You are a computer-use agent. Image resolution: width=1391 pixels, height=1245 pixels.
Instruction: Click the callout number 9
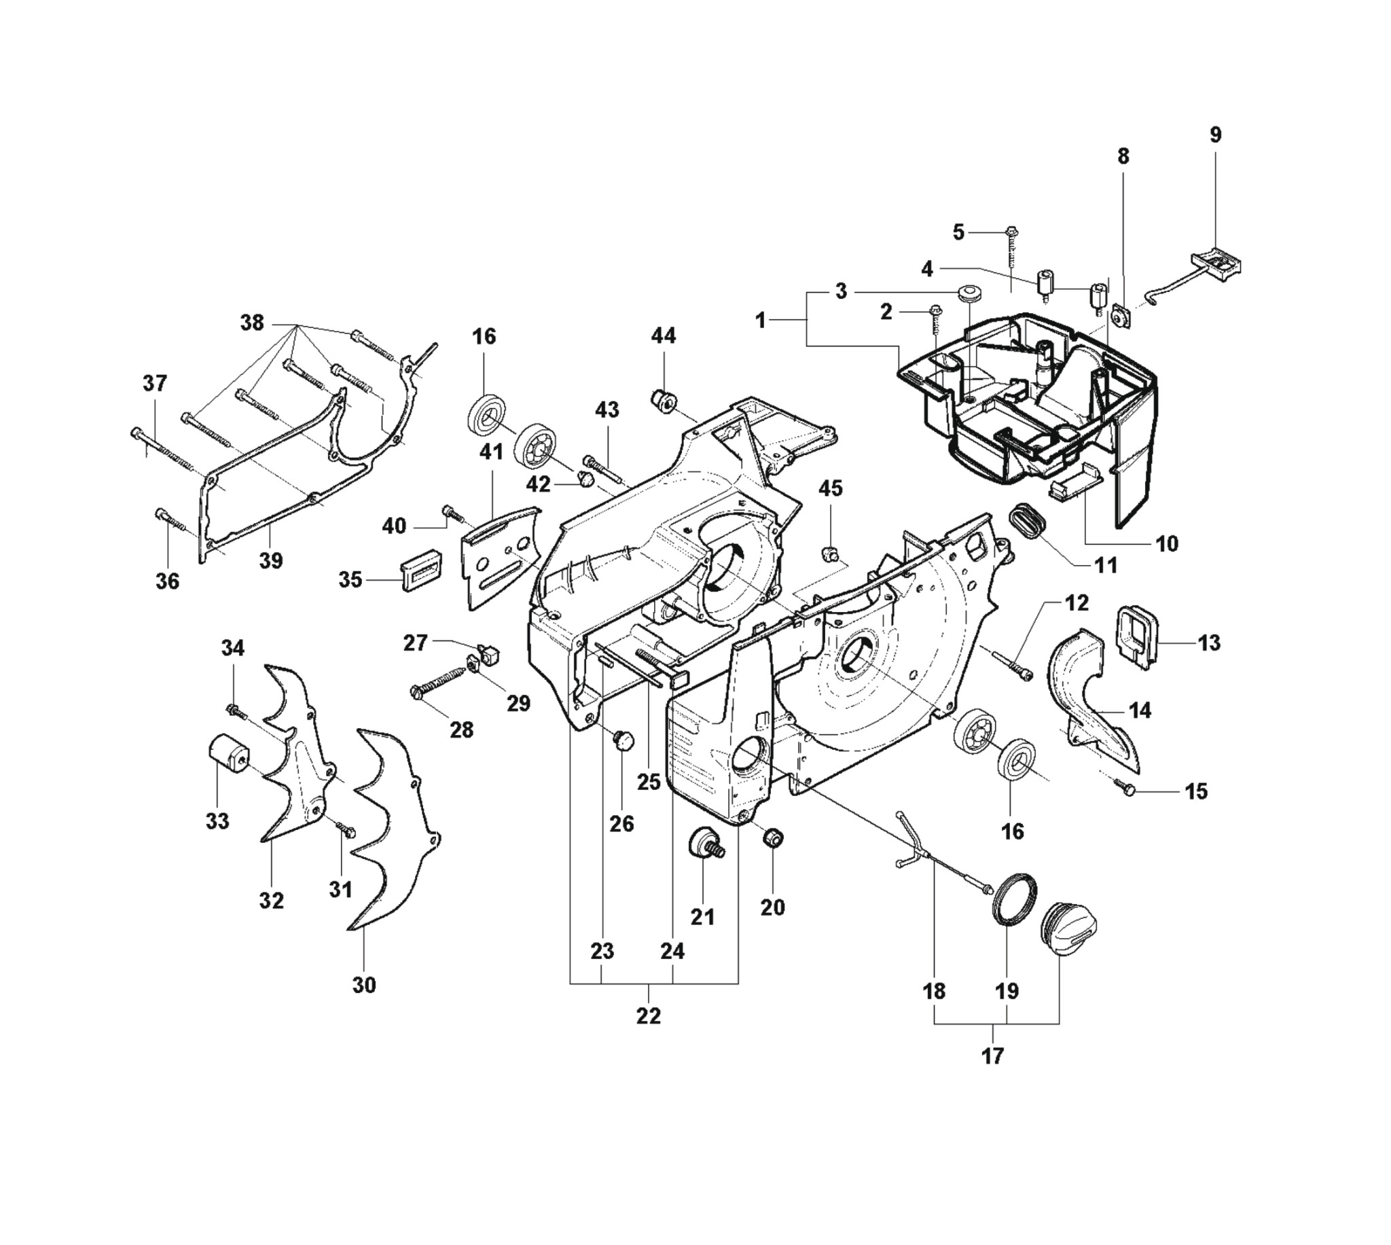point(1214,134)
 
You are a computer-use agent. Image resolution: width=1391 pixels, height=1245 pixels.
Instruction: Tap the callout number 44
point(664,336)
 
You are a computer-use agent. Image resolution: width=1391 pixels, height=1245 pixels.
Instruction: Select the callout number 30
point(364,985)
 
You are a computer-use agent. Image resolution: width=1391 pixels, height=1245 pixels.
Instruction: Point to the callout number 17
point(992,1056)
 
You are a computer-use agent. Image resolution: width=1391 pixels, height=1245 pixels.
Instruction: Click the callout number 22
point(649,1017)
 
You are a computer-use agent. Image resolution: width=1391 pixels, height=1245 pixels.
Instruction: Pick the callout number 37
point(156,383)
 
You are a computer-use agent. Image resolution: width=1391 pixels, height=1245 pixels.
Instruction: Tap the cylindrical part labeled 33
point(228,757)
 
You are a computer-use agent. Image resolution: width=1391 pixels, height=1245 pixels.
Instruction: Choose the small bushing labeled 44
point(662,399)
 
